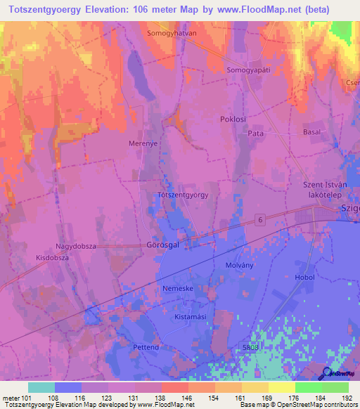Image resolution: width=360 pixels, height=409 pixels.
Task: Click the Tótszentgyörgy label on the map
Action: click(183, 195)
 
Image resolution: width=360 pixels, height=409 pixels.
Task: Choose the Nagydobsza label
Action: click(77, 247)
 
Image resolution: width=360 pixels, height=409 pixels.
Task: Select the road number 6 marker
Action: click(260, 221)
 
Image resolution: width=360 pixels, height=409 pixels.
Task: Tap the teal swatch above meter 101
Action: click(41, 387)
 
